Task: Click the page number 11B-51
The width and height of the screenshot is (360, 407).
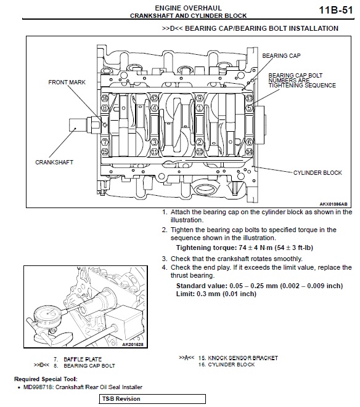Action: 335,10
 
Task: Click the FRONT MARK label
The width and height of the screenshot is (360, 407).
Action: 67,83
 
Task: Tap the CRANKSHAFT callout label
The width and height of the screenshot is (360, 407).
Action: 54,162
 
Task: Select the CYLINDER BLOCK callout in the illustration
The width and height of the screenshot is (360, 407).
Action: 317,172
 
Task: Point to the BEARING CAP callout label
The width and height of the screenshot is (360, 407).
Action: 281,55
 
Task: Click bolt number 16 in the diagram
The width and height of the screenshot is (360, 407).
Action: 105,99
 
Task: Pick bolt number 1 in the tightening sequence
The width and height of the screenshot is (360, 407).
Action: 199,108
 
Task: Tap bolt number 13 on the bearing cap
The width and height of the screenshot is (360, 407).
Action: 249,99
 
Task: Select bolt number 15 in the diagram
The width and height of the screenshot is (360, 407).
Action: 105,151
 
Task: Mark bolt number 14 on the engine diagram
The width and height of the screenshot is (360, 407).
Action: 249,151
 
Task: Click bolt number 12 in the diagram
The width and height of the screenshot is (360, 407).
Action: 154,99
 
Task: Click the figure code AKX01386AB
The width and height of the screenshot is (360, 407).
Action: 333,204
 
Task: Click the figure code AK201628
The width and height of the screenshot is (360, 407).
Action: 133,344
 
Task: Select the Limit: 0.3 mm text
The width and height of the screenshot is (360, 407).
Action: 216,294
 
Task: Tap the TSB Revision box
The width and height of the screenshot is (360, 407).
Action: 152,399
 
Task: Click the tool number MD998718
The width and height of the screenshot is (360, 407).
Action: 38,387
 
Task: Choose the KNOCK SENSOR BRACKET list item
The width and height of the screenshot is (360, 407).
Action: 243,358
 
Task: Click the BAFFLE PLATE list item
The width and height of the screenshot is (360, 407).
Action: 83,359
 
